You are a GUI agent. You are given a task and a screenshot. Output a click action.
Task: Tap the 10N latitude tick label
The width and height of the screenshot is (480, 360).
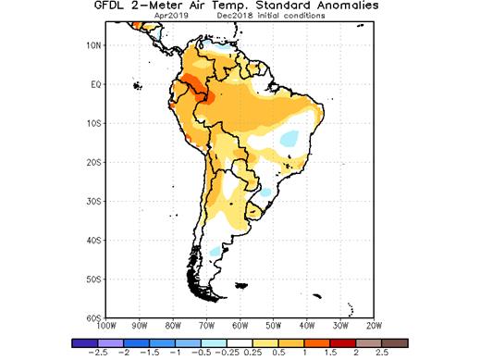point(92,45)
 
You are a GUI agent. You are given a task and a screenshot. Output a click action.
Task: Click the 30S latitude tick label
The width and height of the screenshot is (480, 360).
point(92,201)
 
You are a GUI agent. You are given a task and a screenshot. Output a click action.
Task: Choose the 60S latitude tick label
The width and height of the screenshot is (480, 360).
point(92,317)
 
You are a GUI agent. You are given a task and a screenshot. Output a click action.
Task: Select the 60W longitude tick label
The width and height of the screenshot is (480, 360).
point(240,326)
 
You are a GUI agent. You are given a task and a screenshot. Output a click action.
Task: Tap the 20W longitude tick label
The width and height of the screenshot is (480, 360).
point(374,326)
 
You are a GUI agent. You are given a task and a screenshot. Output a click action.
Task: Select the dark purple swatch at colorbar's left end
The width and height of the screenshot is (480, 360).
point(80,341)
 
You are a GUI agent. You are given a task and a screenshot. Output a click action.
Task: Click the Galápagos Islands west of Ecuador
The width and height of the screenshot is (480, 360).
point(137,86)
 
